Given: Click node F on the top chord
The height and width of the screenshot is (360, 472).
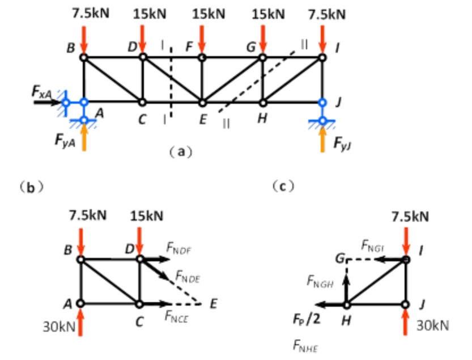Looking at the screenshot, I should tap(202, 57).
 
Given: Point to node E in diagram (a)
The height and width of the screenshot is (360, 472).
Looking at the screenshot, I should tap(202, 103).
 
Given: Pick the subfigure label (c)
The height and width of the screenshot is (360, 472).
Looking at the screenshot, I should tap(282, 185).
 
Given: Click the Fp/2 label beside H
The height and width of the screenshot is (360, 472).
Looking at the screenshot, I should tap(308, 319).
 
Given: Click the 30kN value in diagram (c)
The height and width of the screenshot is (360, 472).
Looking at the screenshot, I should tap(432, 325).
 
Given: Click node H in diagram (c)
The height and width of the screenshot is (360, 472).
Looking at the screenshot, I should tap(347, 304).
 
